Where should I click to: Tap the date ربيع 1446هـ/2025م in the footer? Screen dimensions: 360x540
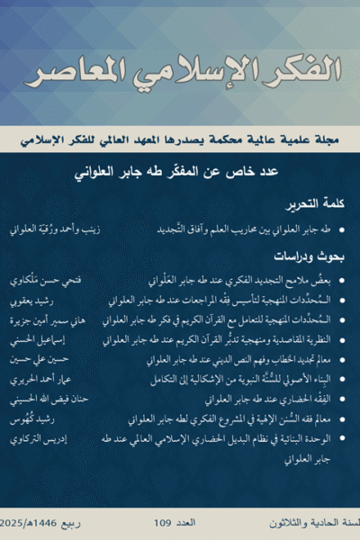(41, 522)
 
